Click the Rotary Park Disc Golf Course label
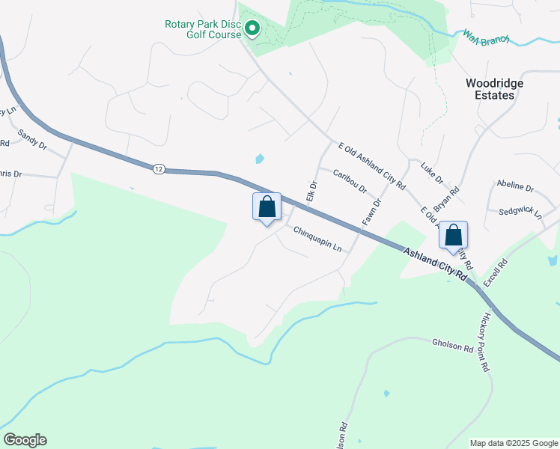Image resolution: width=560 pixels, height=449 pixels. pos(203,29)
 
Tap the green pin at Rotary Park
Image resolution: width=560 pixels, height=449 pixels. pos(253,30)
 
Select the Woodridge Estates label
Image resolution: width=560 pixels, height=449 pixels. pos(494,89)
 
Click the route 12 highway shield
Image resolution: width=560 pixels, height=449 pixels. pos(157,169)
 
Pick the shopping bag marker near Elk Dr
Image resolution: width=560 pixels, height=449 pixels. pos(267,207)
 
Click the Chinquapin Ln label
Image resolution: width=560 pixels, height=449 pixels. pos(317,239)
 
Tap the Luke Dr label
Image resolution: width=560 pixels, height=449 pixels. pos(432,174)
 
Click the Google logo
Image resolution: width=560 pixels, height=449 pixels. pos(25,440)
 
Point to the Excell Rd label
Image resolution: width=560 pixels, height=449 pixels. pos(495,273)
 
